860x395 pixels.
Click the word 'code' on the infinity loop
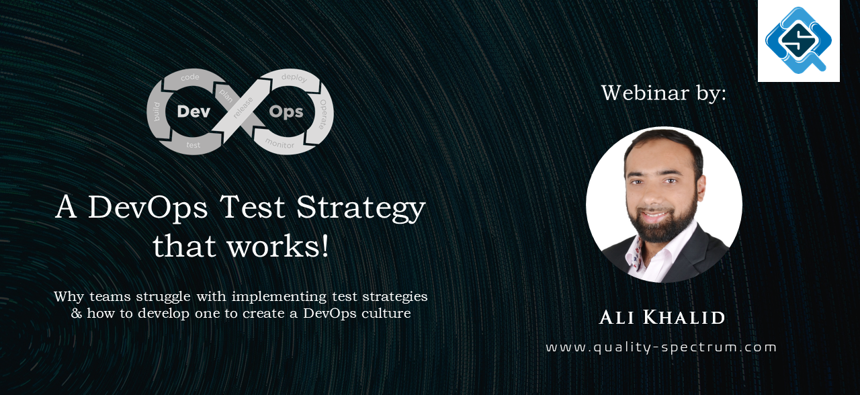(190, 77)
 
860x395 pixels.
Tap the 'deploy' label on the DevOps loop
(294, 77)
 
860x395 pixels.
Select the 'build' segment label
(157, 112)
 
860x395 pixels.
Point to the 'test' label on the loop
(193, 145)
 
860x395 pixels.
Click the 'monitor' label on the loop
(280, 144)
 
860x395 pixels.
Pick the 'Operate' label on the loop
(323, 114)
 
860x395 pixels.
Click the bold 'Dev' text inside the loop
(194, 112)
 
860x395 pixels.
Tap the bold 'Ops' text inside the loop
(286, 112)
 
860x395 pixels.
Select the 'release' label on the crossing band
(243, 107)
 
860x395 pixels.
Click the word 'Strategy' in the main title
(361, 208)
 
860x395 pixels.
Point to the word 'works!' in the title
(278, 246)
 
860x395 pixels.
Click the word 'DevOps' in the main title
(148, 208)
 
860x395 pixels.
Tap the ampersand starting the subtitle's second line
(77, 313)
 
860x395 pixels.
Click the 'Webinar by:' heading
(664, 93)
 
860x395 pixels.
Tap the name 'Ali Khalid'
(662, 318)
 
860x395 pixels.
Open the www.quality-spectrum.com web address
(661, 347)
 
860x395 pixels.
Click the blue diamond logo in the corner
(799, 40)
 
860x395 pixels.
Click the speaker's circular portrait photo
(664, 205)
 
